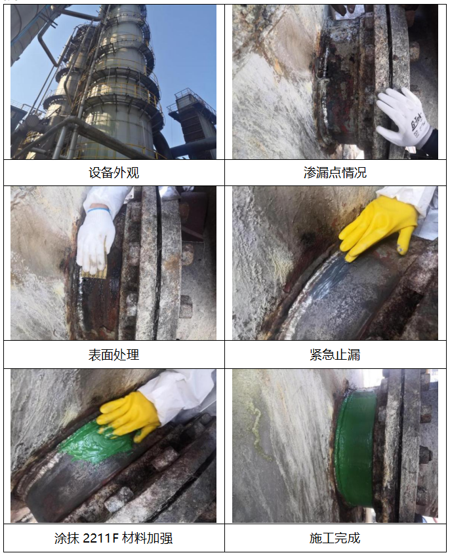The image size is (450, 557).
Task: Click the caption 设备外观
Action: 114,172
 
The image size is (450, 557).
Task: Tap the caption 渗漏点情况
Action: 335,172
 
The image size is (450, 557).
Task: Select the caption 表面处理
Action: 114,355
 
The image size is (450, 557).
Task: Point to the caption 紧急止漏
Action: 335,355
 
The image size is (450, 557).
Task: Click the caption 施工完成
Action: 335,538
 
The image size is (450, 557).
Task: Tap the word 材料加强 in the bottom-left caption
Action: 148,539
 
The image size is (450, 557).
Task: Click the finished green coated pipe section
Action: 355,448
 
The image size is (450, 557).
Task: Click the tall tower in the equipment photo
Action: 117,82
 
